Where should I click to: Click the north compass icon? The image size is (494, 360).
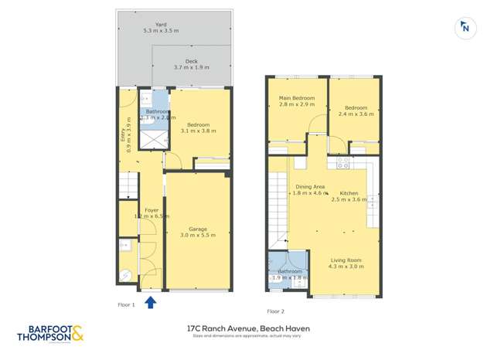point(465,26)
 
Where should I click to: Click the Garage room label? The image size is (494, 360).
point(198,231)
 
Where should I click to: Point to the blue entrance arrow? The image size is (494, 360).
point(152,301)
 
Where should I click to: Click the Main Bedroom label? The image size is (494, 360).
point(297,101)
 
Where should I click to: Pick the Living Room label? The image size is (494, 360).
point(346,264)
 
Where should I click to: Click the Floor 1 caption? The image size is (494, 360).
point(125,305)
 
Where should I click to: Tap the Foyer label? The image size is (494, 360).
point(152,212)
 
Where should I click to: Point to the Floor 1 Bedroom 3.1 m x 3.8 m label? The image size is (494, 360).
point(199,127)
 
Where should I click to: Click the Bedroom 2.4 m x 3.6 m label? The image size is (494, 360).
point(356,110)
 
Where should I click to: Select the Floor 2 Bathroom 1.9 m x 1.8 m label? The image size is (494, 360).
point(291,273)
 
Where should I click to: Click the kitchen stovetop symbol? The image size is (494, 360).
point(343,163)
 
